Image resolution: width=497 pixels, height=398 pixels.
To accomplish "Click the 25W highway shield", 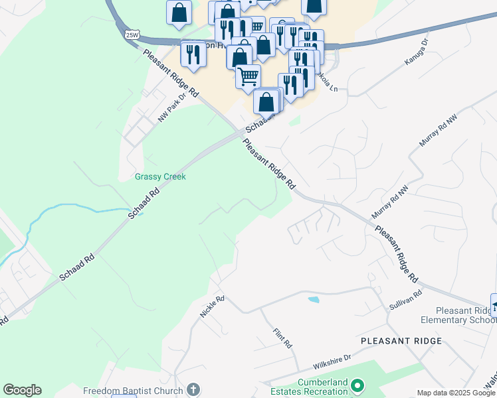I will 130,34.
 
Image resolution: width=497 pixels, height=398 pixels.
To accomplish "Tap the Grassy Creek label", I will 160,176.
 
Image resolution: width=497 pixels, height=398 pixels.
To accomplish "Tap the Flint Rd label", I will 282,337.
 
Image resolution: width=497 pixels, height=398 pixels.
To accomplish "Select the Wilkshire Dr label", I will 332,362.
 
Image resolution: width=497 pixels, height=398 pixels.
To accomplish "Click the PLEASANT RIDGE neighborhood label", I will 401,341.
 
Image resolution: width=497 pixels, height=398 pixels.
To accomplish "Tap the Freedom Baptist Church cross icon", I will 193,390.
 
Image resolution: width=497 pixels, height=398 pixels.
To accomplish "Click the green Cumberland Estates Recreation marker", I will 357,385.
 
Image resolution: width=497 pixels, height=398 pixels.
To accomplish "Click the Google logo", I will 22,390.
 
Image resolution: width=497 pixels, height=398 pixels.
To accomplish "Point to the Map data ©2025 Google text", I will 456,393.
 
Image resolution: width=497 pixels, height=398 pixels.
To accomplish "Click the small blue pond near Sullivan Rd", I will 313,299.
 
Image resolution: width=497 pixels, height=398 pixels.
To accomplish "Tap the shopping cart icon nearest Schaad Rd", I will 248,76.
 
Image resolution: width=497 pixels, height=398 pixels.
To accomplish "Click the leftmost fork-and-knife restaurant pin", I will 193,53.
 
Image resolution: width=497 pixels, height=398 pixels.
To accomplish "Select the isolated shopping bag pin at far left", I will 179,13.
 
